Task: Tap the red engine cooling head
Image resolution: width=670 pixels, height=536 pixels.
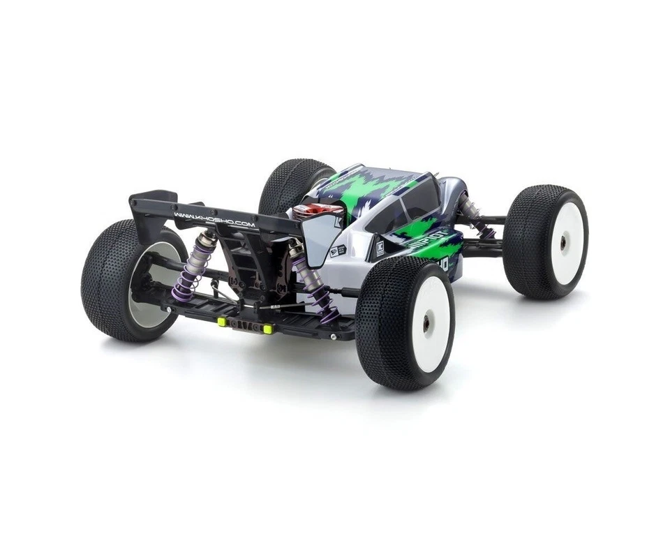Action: [x=318, y=211]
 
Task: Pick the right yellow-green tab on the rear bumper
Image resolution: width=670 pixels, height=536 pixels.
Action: [x=266, y=327]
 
